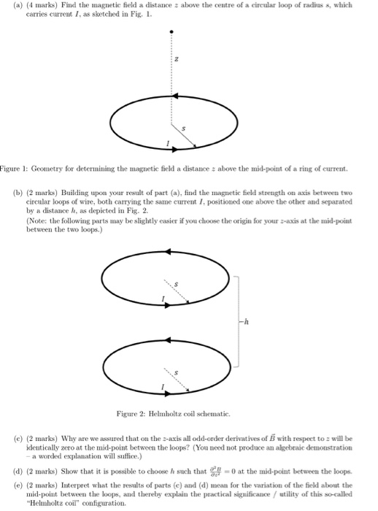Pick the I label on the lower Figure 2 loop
tap(164, 387)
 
